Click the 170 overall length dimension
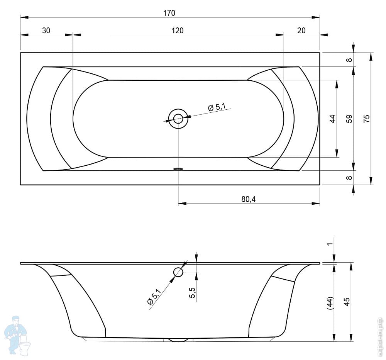(169, 13)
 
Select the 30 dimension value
(46, 31)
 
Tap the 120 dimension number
(178, 31)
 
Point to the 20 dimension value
(301, 31)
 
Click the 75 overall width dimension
(367, 119)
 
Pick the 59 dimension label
(349, 119)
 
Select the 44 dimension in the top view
(332, 119)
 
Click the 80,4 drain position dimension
(248, 199)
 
